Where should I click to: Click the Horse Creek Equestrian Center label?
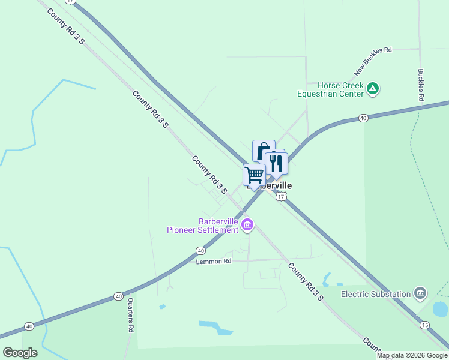point(331,89)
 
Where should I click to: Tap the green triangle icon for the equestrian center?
point(373,89)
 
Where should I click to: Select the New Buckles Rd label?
point(373,61)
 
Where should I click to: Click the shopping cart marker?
point(254,175)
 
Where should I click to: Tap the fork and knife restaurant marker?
point(276,163)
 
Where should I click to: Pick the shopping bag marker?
point(263,151)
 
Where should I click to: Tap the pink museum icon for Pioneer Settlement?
point(247,225)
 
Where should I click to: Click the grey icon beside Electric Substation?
point(420,293)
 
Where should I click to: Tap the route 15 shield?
point(425,325)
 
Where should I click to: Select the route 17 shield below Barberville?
point(281,197)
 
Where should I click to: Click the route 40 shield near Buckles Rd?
point(363,118)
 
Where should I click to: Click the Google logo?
point(20,352)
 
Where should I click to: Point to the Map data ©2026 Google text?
point(412,355)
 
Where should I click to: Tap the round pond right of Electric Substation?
point(440,309)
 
